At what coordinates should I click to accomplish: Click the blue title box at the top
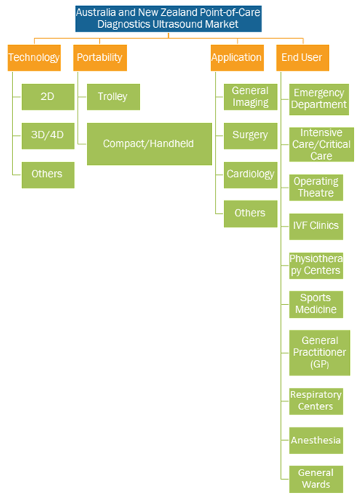tap(168, 19)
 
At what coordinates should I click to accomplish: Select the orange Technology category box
tap(35, 58)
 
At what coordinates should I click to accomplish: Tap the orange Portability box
tap(100, 58)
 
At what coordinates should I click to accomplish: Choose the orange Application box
tap(237, 58)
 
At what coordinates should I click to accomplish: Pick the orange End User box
tap(303, 58)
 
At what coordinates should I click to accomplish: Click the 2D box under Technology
tap(48, 97)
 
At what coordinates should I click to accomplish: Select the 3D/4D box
tap(48, 136)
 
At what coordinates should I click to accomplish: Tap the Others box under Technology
tap(48, 175)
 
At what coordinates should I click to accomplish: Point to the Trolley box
tap(113, 97)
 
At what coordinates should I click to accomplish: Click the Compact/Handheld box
tap(150, 144)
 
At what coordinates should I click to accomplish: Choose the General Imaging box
tap(251, 97)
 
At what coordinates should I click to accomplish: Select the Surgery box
tap(251, 136)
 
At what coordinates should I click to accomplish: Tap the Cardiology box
tap(251, 175)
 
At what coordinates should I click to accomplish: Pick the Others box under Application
tap(251, 214)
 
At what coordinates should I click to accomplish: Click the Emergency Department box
tap(319, 99)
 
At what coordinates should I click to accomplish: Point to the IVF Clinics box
tap(316, 226)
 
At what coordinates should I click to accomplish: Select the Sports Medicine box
tap(316, 304)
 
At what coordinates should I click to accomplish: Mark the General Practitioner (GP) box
tap(319, 353)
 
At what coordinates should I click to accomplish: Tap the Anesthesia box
tap(316, 440)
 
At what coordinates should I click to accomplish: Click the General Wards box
tap(316, 479)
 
